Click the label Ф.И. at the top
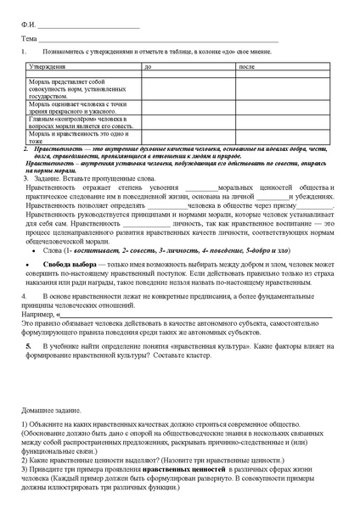28,25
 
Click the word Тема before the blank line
29,39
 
